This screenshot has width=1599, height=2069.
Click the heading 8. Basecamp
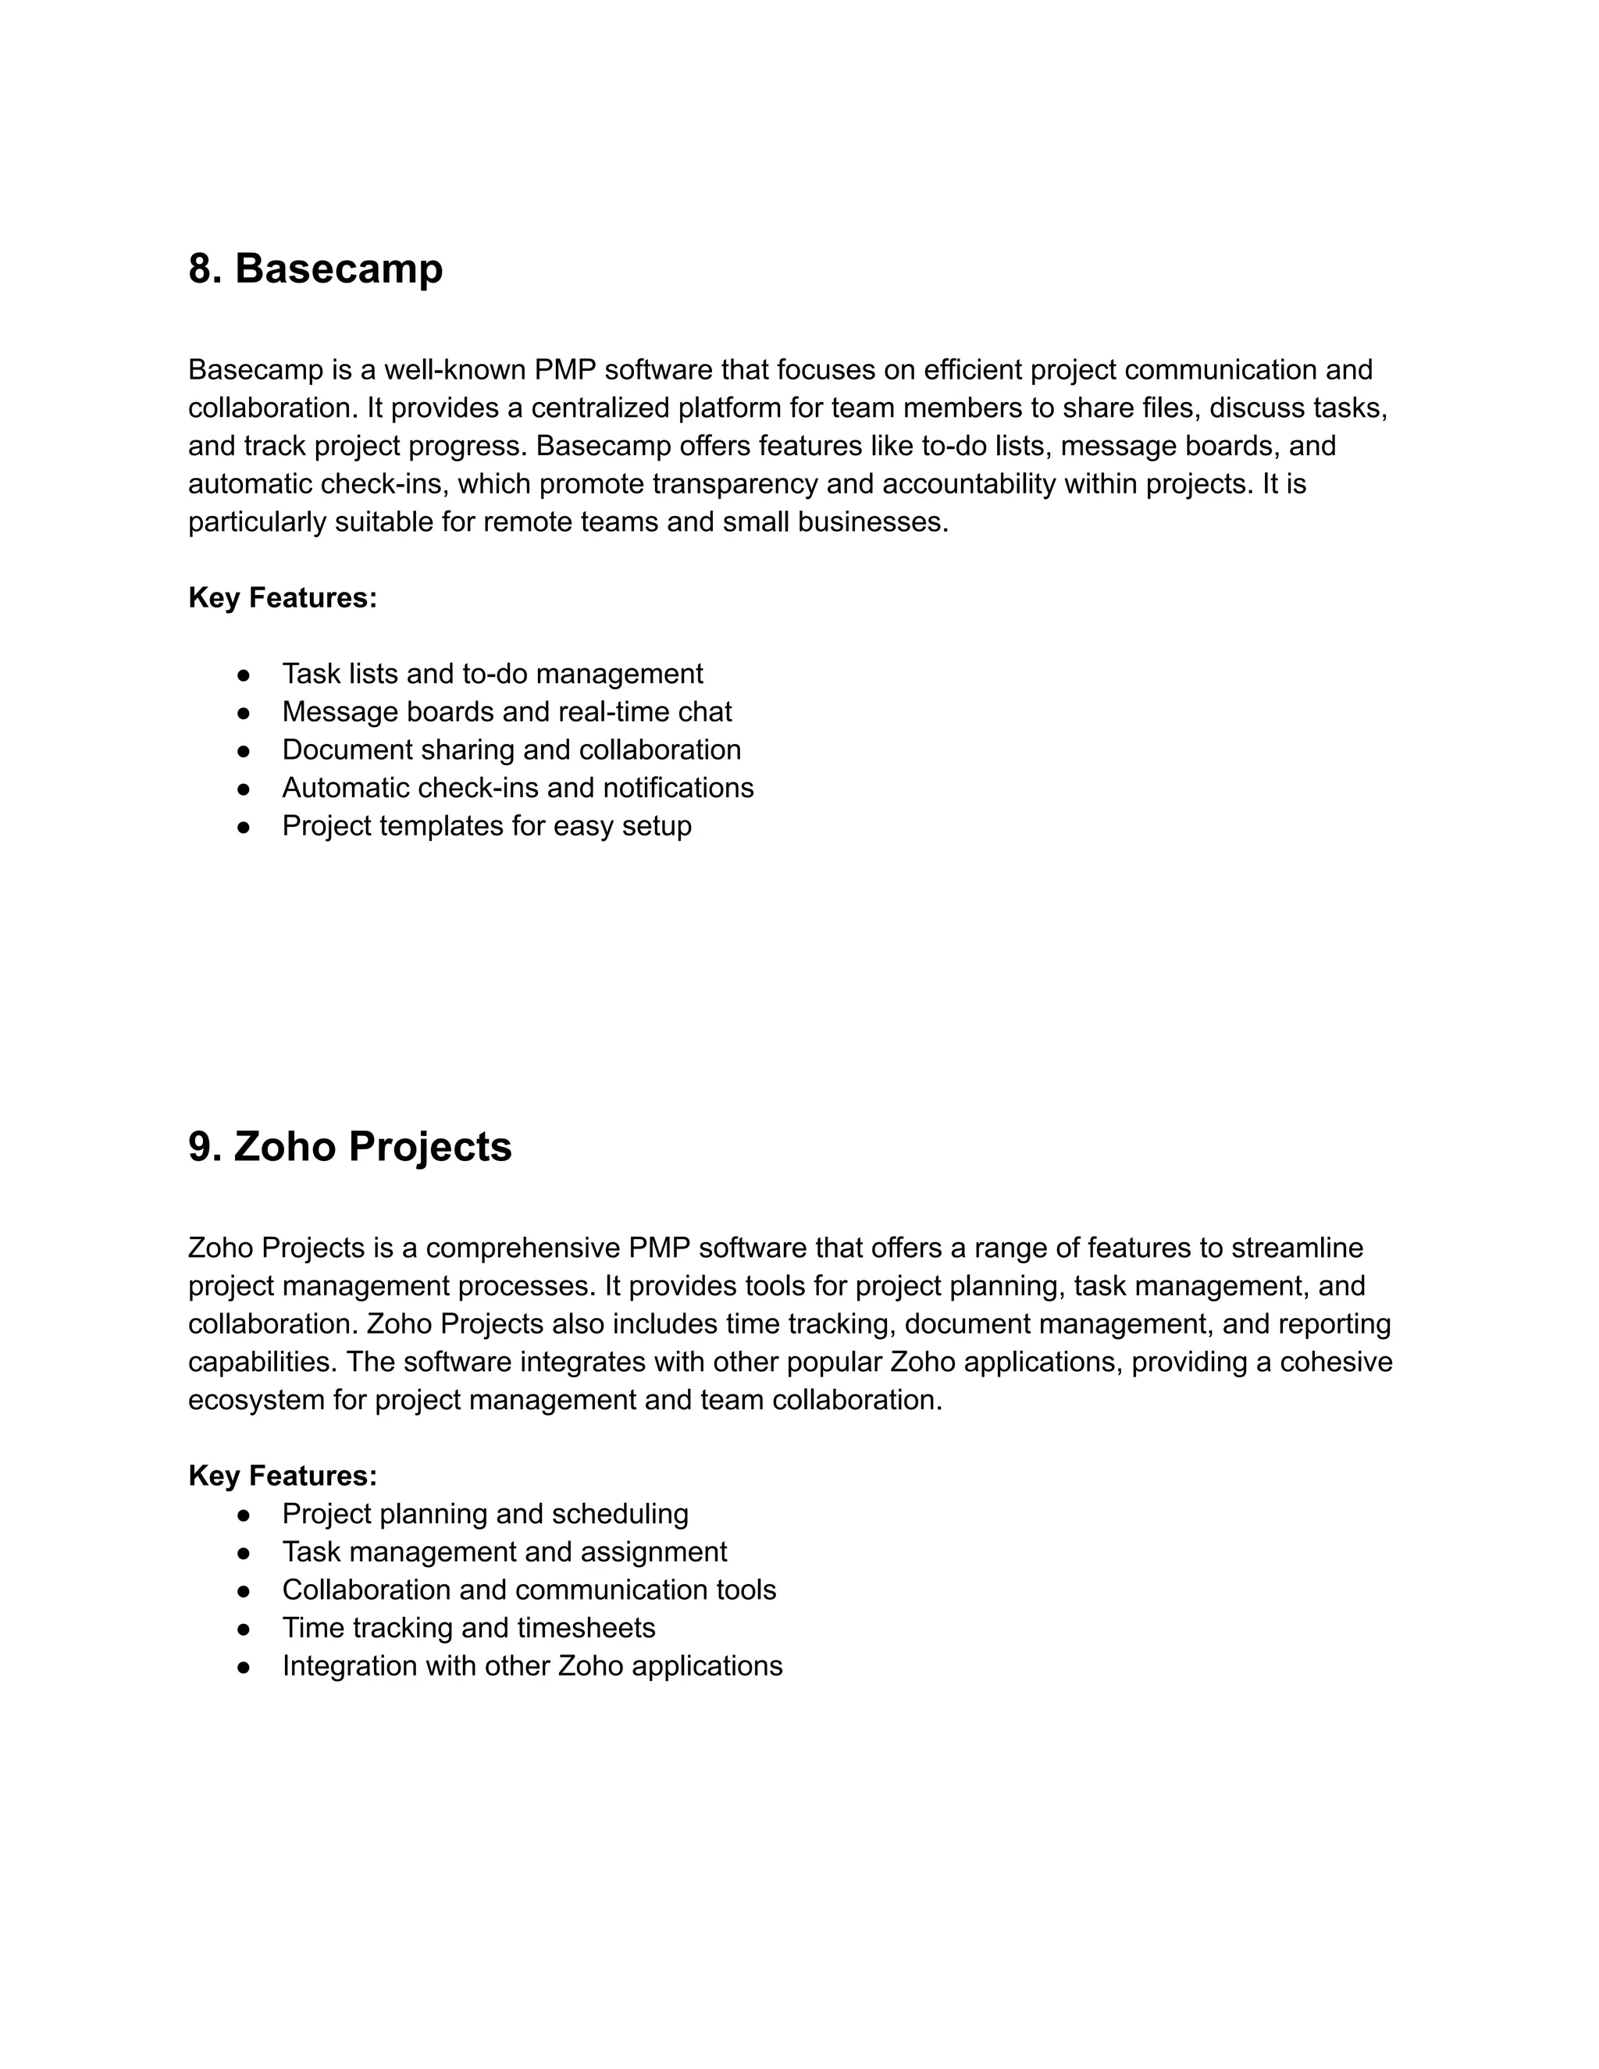[x=315, y=269]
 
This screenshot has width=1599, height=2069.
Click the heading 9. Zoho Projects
[x=350, y=1146]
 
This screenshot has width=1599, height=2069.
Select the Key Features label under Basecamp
[x=283, y=598]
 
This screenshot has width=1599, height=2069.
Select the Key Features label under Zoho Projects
[x=283, y=1475]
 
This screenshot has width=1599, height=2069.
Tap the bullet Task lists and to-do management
[x=492, y=674]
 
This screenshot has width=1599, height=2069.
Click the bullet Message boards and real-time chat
[x=506, y=711]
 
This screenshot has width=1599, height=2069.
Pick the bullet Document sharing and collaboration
[x=511, y=750]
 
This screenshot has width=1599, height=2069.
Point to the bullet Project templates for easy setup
[x=486, y=825]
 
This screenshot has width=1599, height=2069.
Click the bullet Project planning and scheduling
[x=484, y=1513]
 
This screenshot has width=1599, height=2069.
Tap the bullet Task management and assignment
[x=504, y=1552]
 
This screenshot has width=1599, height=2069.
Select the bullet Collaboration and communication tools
[x=529, y=1590]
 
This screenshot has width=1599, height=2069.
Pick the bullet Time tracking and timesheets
[x=468, y=1628]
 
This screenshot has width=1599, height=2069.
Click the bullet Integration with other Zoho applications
[x=532, y=1665]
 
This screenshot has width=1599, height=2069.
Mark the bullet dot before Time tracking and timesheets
[x=244, y=1629]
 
